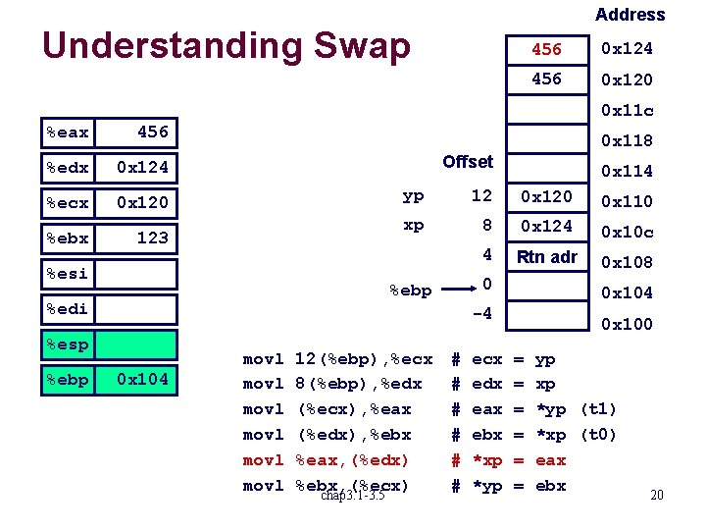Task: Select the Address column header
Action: click(630, 15)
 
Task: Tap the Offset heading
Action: click(468, 161)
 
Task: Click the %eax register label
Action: click(68, 132)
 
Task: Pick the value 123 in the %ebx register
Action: click(152, 238)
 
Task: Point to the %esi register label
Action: click(68, 274)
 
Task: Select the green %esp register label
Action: click(68, 344)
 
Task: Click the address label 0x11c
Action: click(627, 110)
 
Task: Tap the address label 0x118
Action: click(627, 140)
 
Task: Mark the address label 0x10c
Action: click(627, 232)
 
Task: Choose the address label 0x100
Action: click(627, 324)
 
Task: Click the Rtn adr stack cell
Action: click(546, 257)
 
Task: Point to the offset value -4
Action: click(480, 315)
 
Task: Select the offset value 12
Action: click(480, 195)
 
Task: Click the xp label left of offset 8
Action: click(414, 225)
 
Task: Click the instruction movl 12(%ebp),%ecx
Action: click(337, 359)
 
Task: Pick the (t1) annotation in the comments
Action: click(598, 409)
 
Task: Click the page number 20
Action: click(657, 496)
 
